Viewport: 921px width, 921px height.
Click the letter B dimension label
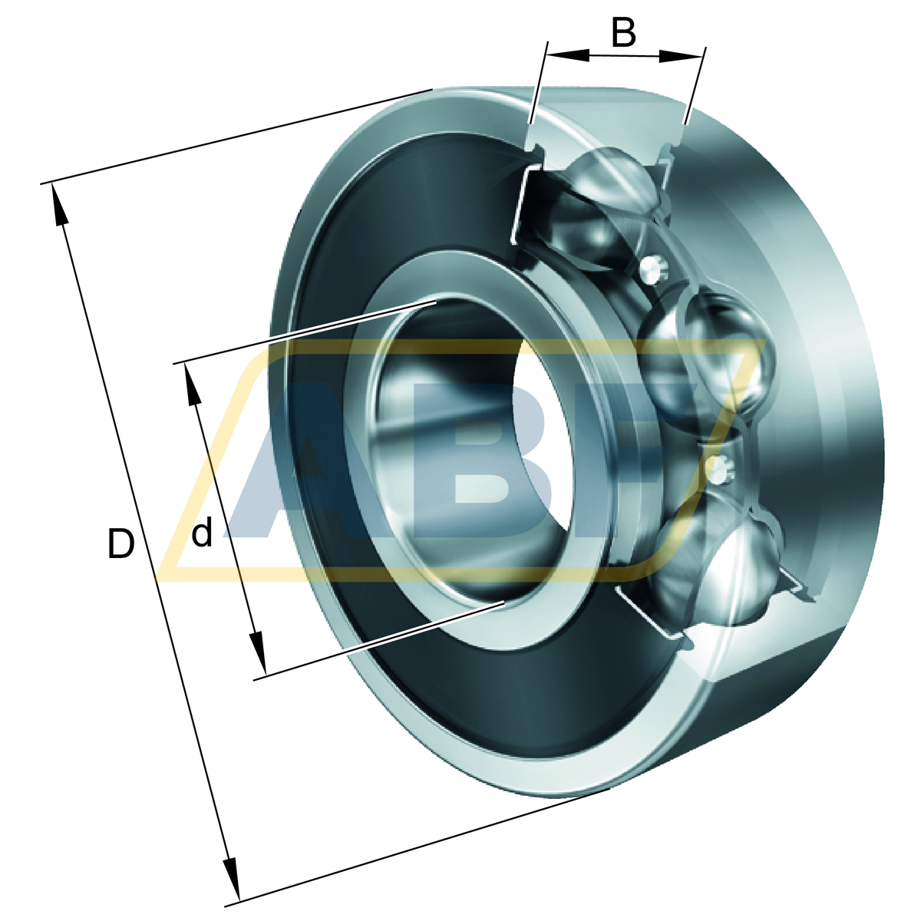pos(623,32)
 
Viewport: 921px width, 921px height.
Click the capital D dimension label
pos(120,543)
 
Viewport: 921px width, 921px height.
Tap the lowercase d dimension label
pos(202,532)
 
